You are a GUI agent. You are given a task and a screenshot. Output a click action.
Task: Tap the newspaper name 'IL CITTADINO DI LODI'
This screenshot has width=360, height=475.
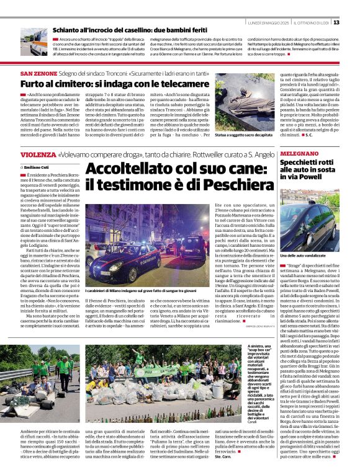click(314, 22)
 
